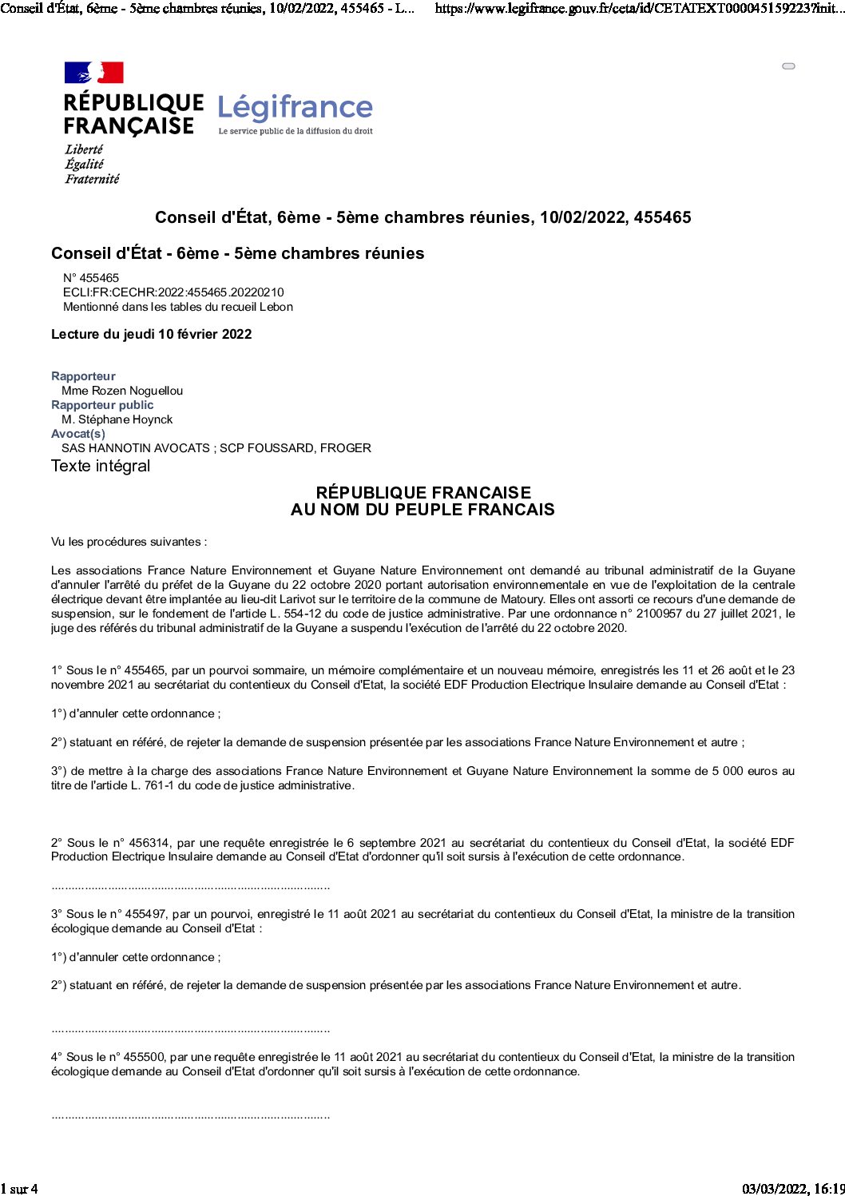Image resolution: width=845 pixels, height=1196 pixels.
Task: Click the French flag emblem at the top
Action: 94,73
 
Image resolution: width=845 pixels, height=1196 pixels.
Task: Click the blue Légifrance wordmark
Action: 295,107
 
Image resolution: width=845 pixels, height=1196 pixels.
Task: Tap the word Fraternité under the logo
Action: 92,179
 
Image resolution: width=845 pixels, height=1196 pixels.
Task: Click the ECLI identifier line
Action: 173,292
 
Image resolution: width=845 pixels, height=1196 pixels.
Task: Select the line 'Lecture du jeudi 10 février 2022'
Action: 151,334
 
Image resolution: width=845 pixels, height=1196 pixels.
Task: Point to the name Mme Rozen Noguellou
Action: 122,391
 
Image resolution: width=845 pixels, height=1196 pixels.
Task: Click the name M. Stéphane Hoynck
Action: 117,419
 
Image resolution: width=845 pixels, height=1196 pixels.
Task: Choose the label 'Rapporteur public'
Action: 102,405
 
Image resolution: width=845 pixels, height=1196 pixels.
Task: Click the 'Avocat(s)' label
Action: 78,434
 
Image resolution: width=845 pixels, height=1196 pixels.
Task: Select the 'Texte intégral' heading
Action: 101,466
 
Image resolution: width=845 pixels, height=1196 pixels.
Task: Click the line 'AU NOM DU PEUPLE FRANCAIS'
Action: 422,510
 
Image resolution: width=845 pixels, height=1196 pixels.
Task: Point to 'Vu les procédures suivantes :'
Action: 129,542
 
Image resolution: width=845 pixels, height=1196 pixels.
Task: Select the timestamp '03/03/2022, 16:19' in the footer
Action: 793,1189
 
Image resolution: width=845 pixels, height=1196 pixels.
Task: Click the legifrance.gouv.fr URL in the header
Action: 639,9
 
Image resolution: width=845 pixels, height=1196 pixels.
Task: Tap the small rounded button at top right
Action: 788,66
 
